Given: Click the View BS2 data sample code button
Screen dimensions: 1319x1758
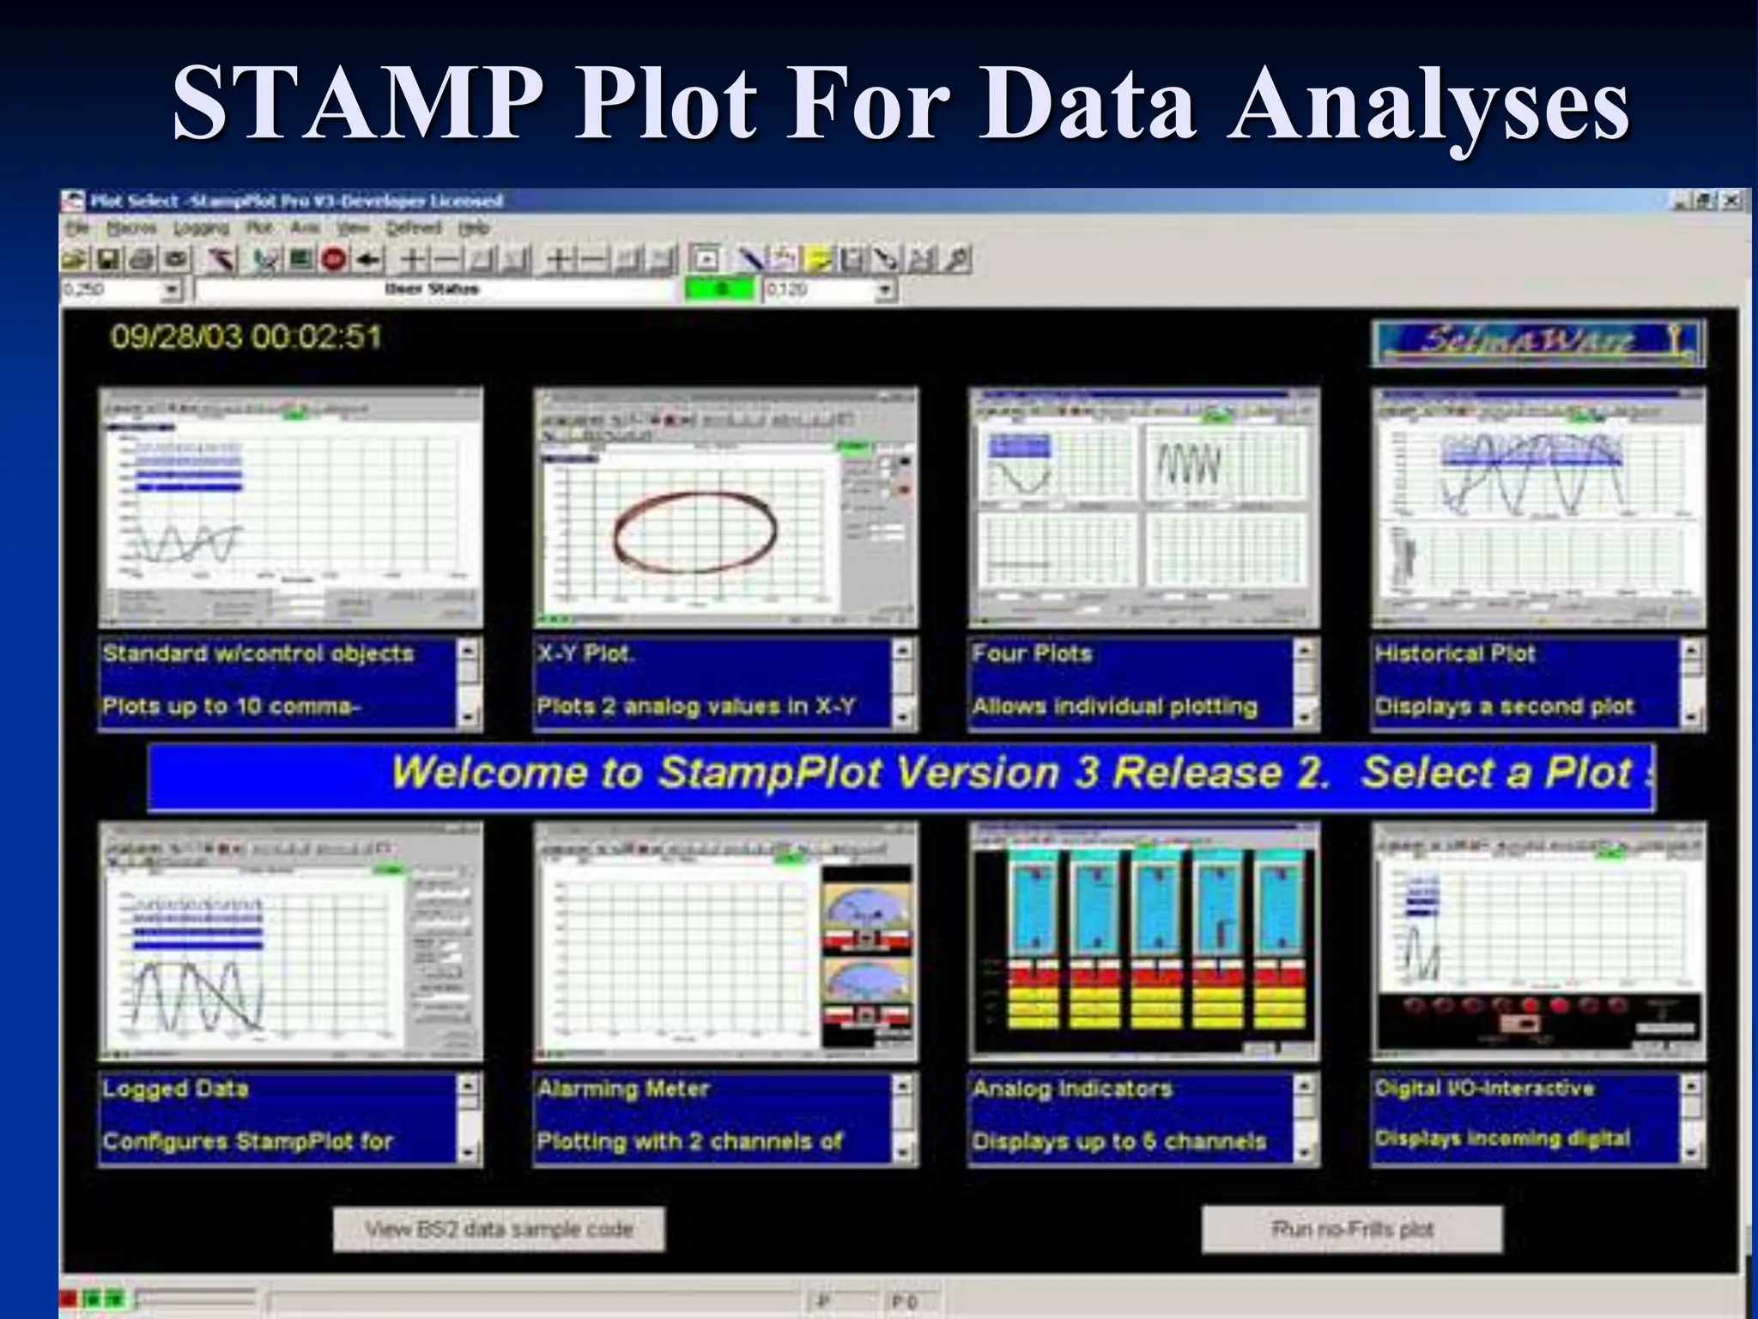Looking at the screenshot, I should click(499, 1229).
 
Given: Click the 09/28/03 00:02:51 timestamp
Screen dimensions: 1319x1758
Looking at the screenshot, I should click(246, 336).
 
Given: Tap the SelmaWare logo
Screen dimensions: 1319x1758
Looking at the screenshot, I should click(1537, 343).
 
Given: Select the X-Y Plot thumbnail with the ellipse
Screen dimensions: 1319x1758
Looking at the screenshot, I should click(725, 508).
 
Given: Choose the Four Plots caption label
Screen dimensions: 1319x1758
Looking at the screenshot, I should click(1032, 653).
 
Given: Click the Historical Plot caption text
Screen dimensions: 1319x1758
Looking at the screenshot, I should click(1454, 653).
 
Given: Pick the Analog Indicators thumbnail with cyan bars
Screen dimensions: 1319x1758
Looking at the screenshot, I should click(1144, 942).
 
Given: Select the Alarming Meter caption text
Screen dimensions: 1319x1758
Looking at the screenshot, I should click(623, 1089).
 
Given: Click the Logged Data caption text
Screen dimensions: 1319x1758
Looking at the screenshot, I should click(175, 1089).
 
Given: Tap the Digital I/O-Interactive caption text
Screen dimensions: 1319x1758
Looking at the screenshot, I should click(1484, 1088).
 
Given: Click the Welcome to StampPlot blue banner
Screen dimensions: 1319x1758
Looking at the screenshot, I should click(901, 775).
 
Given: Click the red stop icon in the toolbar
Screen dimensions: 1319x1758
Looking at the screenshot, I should click(336, 259).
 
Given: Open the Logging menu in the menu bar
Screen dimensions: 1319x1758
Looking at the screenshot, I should click(201, 228).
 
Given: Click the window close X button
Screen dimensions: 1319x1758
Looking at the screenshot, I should click(1731, 201).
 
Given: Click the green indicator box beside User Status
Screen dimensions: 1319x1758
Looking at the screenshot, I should click(721, 290).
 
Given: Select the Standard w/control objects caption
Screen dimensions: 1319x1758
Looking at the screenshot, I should click(258, 653).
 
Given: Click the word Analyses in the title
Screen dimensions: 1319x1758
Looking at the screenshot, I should click(1428, 105).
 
